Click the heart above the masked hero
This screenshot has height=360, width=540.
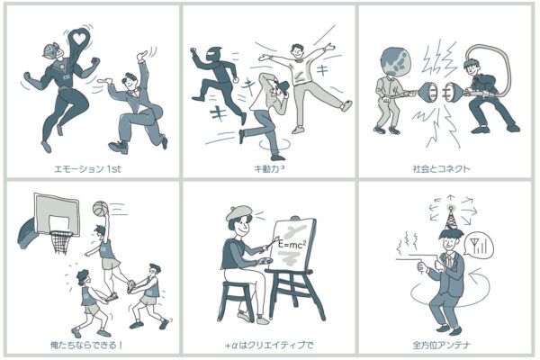(x=79, y=39)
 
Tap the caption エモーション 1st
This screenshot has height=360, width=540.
(x=88, y=169)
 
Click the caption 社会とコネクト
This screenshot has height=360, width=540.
(x=442, y=169)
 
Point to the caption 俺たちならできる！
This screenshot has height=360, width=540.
(x=86, y=345)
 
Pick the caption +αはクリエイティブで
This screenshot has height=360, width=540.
(x=269, y=345)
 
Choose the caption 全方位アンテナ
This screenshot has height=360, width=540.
(x=442, y=345)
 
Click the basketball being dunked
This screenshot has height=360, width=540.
(x=101, y=208)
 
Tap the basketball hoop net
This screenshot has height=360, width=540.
(x=61, y=242)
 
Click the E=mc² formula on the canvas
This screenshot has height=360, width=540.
(x=292, y=244)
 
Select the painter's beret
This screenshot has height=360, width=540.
(x=239, y=213)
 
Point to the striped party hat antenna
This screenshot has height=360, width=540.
(x=451, y=219)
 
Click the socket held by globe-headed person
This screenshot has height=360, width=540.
(x=427, y=93)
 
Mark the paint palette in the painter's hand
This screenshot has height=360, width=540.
(x=264, y=261)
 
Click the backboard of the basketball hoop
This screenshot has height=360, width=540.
(x=58, y=214)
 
